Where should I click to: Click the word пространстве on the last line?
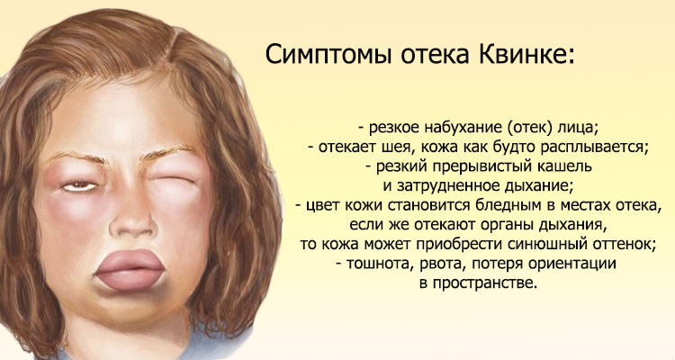[x=490, y=284]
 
